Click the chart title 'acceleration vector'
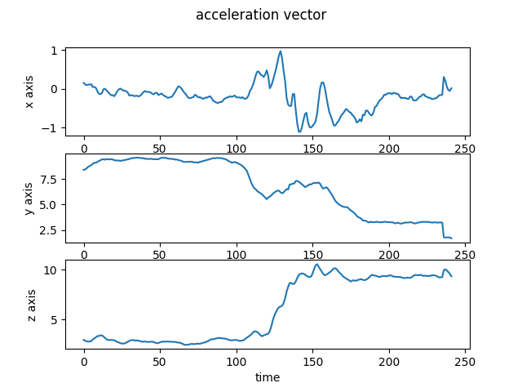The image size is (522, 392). point(260,15)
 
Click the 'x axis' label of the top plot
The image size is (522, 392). point(29,91)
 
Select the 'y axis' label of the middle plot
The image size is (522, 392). point(29,198)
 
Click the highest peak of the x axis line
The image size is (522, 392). point(281,51)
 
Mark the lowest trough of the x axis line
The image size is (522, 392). point(299,131)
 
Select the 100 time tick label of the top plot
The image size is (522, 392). point(237,149)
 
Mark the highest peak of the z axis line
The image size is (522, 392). point(318,265)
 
